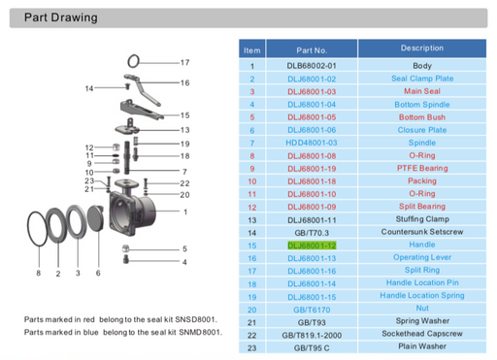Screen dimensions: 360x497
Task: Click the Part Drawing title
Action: coord(60,17)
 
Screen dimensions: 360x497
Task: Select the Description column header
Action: coord(421,48)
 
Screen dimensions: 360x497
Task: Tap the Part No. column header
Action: coord(312,49)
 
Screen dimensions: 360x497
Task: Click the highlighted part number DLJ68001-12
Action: coord(312,245)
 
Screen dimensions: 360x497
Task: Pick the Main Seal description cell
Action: coord(421,91)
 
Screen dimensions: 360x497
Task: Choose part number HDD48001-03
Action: coord(312,143)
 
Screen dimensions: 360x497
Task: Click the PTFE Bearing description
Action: coord(421,168)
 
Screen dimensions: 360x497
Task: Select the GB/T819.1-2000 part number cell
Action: coord(312,335)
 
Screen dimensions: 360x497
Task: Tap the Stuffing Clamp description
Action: coord(421,219)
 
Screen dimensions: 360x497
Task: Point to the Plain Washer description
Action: coord(421,347)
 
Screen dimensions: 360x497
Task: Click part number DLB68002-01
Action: coord(312,66)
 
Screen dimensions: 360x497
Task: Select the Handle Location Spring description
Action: coord(421,296)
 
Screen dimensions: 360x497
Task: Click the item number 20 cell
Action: coord(251,310)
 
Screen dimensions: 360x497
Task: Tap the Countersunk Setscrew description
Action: coord(421,233)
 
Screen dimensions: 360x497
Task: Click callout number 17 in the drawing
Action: coord(184,62)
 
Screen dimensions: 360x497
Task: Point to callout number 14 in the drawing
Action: coord(89,88)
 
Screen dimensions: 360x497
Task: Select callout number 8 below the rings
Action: coord(39,274)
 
